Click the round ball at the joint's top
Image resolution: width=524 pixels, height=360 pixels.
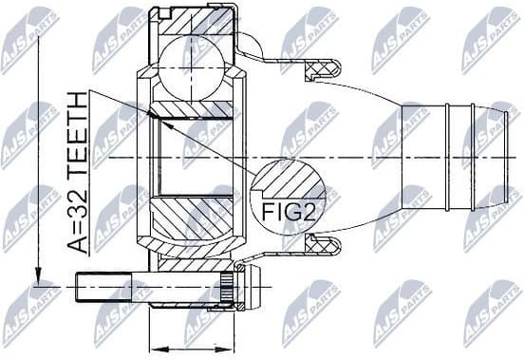pos(194,66)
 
